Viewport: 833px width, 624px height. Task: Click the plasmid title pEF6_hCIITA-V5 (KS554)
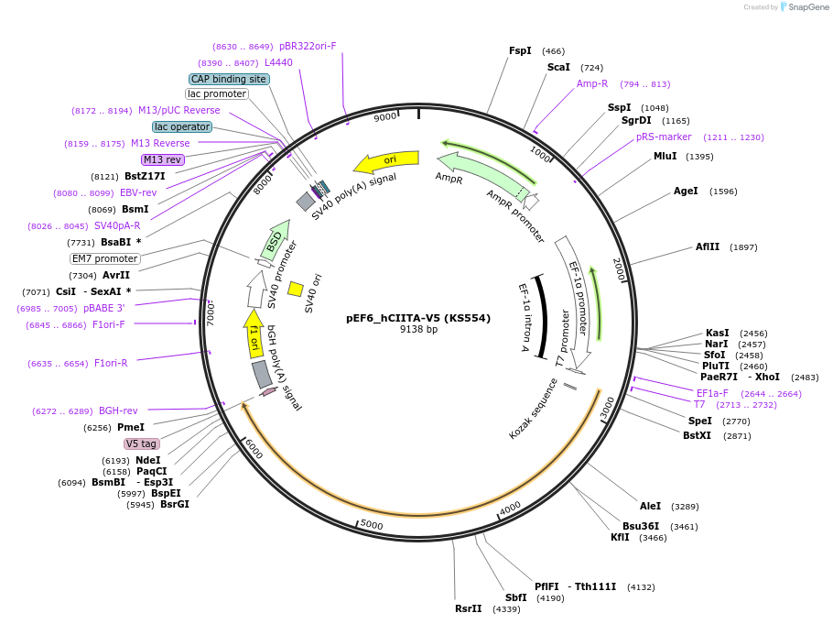pyautogui.click(x=418, y=318)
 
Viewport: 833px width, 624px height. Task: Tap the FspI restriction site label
pyautogui.click(x=520, y=50)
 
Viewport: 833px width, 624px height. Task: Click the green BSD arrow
pyautogui.click(x=276, y=241)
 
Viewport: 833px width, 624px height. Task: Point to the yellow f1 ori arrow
pyautogui.click(x=254, y=334)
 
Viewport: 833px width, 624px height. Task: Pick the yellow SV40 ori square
pyautogui.click(x=296, y=289)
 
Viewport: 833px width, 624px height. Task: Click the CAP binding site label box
pyautogui.click(x=229, y=79)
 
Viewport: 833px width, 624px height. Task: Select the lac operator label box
pyautogui.click(x=182, y=126)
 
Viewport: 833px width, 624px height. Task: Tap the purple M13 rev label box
pyautogui.click(x=163, y=159)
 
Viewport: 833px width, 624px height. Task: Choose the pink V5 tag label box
pyautogui.click(x=141, y=443)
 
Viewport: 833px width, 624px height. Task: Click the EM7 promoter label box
pyautogui.click(x=105, y=258)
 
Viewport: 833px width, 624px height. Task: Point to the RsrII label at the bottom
pyautogui.click(x=468, y=608)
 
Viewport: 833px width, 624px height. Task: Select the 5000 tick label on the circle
pyautogui.click(x=372, y=525)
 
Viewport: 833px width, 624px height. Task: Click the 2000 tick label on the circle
pyautogui.click(x=619, y=269)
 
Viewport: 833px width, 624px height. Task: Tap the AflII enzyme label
pyautogui.click(x=707, y=246)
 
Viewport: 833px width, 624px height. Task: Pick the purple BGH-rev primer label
pyautogui.click(x=118, y=411)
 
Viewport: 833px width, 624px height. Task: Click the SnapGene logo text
pyautogui.click(x=808, y=7)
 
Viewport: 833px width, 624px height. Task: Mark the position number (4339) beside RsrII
pyautogui.click(x=506, y=609)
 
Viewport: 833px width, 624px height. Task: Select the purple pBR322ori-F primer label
pyautogui.click(x=308, y=47)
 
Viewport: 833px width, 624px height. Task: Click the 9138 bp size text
pyautogui.click(x=418, y=329)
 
